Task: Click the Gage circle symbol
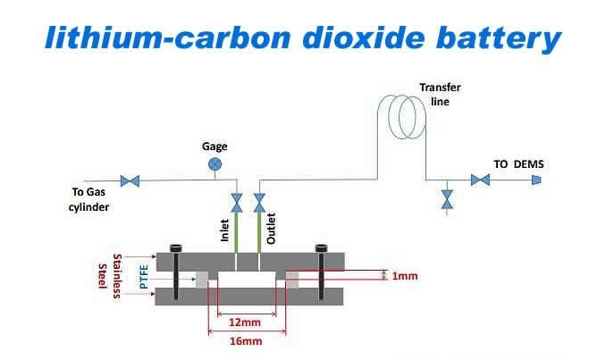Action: pyautogui.click(x=215, y=163)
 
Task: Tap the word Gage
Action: pyautogui.click(x=214, y=145)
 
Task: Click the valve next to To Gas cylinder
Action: pyautogui.click(x=130, y=180)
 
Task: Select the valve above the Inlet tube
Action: pyautogui.click(x=237, y=202)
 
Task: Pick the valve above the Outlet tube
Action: pyautogui.click(x=260, y=202)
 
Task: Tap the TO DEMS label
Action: pyautogui.click(x=518, y=163)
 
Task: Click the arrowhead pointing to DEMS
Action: pyautogui.click(x=536, y=180)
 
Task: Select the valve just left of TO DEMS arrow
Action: pyautogui.click(x=482, y=180)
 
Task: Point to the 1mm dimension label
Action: pyautogui.click(x=405, y=276)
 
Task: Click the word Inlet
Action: pyautogui.click(x=225, y=230)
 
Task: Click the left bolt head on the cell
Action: pyautogui.click(x=176, y=247)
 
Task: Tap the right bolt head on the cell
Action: pyautogui.click(x=318, y=247)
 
